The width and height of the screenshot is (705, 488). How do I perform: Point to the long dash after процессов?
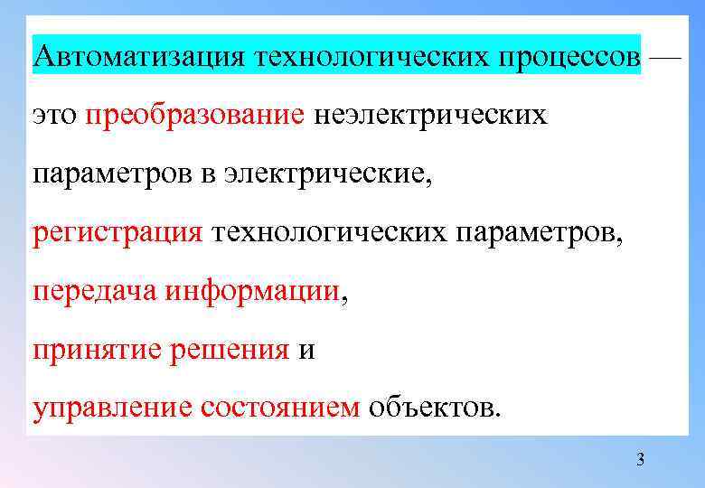coord(666,56)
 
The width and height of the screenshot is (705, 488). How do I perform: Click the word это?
coord(54,116)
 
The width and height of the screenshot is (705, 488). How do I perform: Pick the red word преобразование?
coord(195,116)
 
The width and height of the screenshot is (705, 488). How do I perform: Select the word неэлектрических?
coord(430,116)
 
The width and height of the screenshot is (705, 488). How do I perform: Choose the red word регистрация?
coord(117,232)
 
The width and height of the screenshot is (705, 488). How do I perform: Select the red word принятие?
coord(97,349)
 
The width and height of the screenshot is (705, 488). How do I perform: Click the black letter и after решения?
coord(305,351)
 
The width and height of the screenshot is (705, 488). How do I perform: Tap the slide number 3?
coord(641,461)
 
